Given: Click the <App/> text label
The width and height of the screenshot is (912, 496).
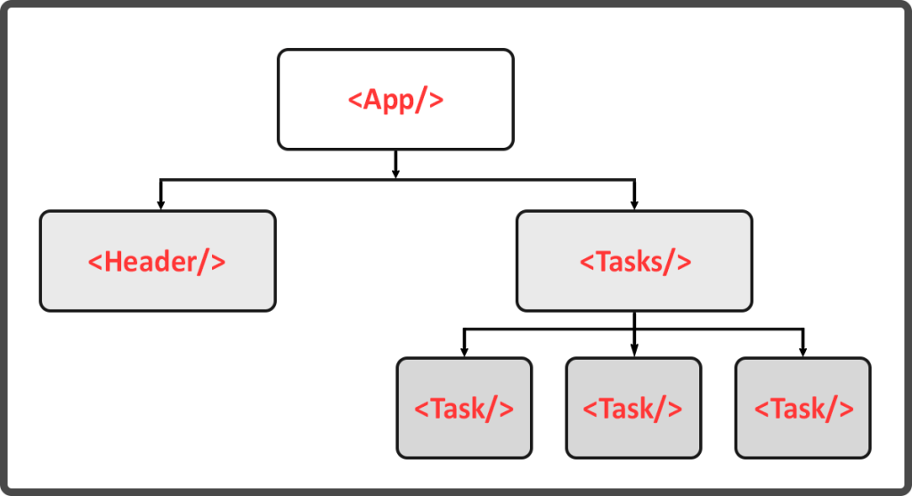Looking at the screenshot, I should coord(395,99).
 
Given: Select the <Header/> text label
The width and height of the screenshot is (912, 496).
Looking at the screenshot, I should coord(157,262).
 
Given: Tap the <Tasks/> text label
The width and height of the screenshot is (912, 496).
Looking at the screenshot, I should coord(634,262).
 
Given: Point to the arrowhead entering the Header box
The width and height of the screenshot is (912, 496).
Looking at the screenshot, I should coord(160,205).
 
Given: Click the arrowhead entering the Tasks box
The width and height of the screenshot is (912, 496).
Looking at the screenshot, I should coord(634,205).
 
